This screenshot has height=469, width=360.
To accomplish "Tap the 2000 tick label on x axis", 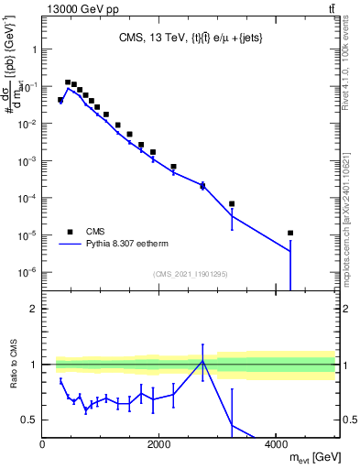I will point(158,444).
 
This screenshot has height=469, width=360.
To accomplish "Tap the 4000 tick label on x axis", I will point(276,444).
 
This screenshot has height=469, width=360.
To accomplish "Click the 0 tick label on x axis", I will point(42,444).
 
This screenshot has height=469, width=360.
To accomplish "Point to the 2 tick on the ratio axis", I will point(34,309).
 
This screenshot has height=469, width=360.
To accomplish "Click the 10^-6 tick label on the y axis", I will point(27,272).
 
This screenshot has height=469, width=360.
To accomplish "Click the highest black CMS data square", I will point(68,82).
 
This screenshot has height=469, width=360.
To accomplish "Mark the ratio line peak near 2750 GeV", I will point(202,361).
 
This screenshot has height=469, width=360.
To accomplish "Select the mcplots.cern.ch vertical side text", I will point(345,211).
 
